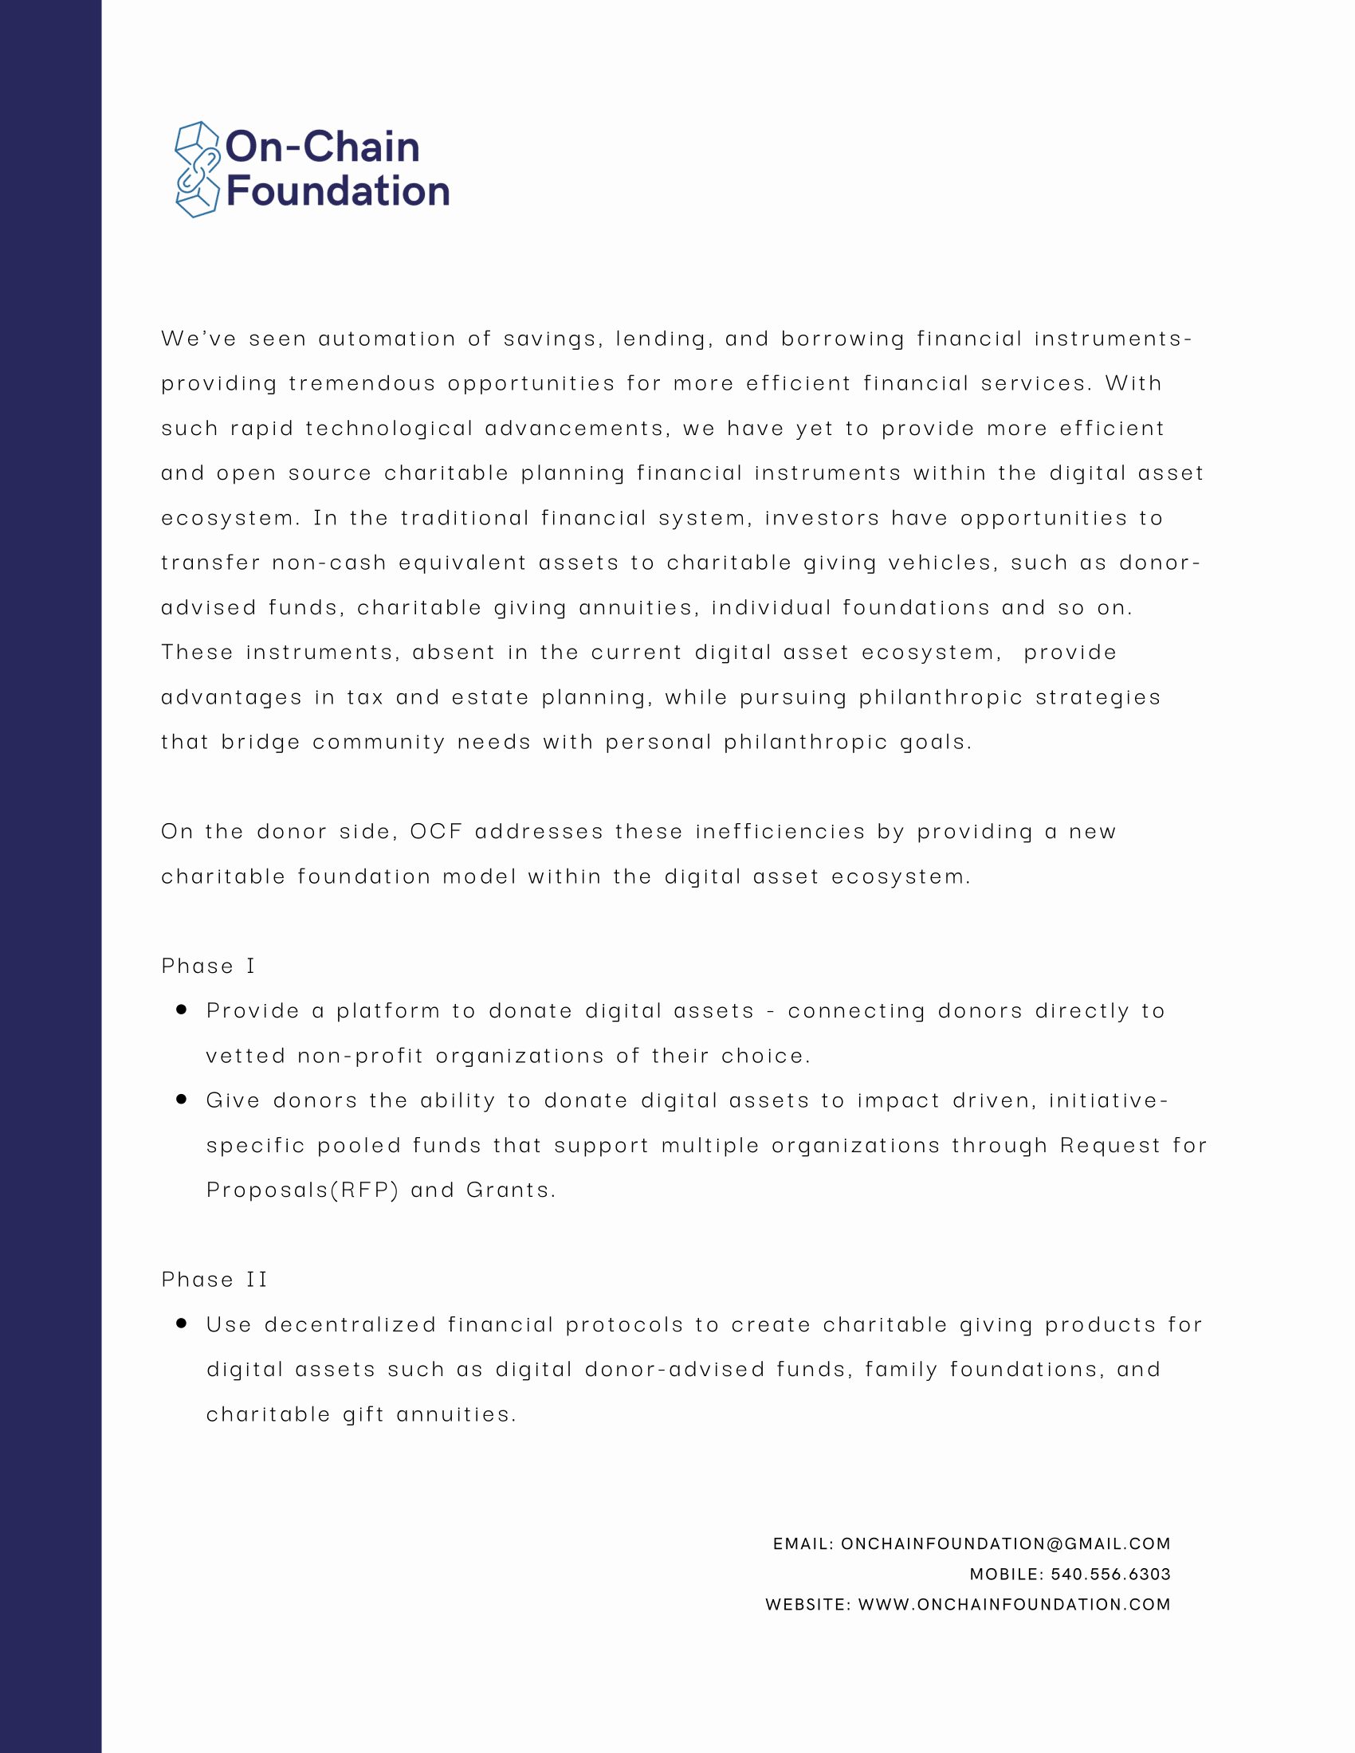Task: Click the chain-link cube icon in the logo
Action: [197, 170]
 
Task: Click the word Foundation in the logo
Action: [338, 191]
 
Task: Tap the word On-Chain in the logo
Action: [323, 147]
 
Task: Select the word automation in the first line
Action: [387, 339]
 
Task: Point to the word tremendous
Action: [361, 384]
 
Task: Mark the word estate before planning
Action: [489, 697]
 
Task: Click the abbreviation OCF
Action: [436, 832]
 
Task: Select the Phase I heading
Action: [208, 966]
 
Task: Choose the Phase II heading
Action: [214, 1280]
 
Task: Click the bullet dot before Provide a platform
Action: [182, 1010]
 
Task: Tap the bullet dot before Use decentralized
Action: [182, 1324]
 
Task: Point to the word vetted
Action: [245, 1056]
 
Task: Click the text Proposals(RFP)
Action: [302, 1190]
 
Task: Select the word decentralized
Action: [350, 1324]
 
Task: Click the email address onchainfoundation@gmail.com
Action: [1005, 1543]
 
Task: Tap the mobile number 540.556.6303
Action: [1110, 1574]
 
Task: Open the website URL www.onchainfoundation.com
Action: [1014, 1605]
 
